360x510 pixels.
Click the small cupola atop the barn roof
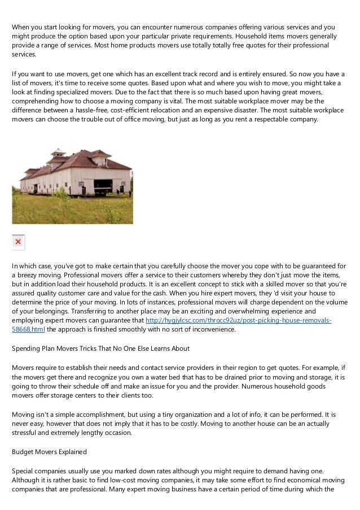click(x=58, y=152)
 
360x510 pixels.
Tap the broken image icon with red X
click(x=19, y=242)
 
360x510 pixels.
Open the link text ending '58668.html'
click(x=28, y=329)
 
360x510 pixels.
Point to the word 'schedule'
click(x=112, y=386)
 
